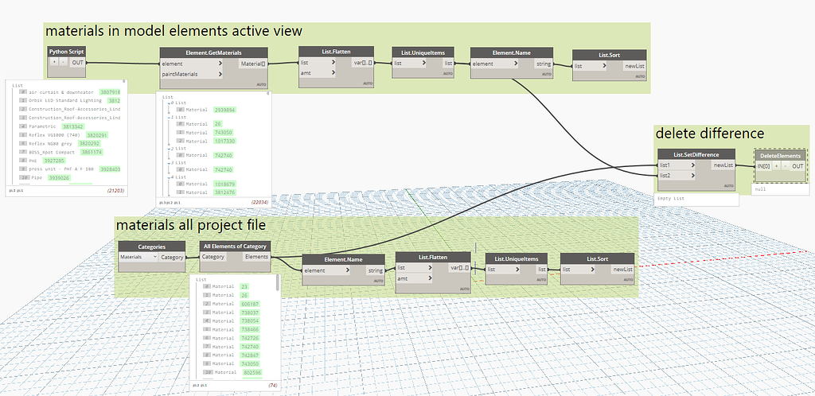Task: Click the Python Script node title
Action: pos(66,51)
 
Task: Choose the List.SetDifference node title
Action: pos(696,154)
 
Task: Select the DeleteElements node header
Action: pos(780,155)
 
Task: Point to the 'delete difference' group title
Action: pos(709,134)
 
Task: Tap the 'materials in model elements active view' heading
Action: pos(174,31)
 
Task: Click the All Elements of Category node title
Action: pos(235,247)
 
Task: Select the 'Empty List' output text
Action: pos(670,198)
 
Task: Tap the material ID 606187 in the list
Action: pos(252,303)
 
